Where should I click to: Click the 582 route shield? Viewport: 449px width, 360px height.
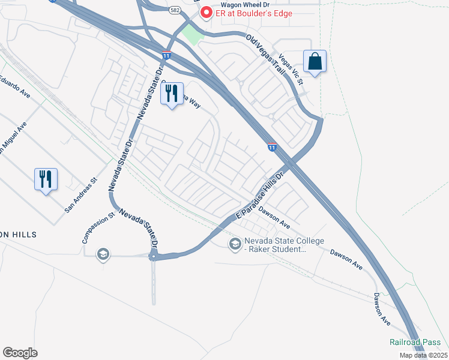tap(175, 10)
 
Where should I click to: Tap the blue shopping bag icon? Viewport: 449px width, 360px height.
tap(315, 61)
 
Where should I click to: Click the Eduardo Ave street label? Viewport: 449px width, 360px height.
tap(15, 86)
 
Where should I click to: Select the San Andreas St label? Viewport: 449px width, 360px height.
tap(80, 195)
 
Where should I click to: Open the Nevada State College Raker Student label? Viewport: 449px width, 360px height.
tap(284, 245)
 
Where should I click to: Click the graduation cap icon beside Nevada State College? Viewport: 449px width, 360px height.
tap(235, 244)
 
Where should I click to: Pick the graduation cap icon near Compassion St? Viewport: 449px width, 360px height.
tap(103, 254)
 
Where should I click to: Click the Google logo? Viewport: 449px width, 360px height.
tap(20, 353)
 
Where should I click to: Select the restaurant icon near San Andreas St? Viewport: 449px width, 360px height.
tap(46, 179)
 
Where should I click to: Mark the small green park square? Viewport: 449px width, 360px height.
tap(193, 35)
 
